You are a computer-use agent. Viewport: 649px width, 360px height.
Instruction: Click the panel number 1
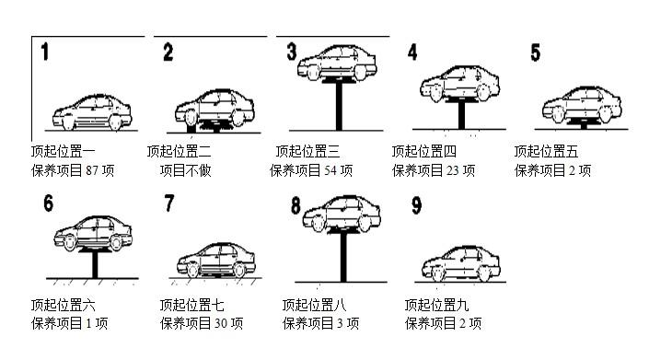pos(45,52)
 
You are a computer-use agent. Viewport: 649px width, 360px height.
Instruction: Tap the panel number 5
pos(535,52)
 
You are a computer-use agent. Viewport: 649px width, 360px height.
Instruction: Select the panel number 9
pos(416,205)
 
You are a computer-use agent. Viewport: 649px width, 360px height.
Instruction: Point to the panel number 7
pos(169,203)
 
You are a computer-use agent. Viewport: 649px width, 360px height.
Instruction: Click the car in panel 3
pos(337,63)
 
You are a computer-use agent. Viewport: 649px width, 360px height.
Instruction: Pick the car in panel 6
pos(93,233)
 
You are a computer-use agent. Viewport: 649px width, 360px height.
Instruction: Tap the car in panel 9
pos(460,263)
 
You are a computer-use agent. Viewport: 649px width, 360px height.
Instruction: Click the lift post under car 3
pos(339,106)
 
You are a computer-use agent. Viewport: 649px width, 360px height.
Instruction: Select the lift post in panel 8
pos(343,258)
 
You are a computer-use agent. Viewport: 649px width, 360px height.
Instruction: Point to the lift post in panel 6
pos(95,265)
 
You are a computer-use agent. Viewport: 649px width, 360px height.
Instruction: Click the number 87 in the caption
pos(92,170)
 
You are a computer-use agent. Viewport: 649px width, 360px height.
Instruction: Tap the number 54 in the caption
pos(330,170)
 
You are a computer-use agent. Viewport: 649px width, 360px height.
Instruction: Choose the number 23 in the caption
pos(452,170)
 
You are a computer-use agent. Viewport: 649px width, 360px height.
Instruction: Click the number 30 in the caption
pos(221,323)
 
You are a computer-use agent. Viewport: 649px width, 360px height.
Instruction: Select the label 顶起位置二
pos(180,151)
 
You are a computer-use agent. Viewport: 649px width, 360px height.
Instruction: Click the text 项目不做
pos(186,170)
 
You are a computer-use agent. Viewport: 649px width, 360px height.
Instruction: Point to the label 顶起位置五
pos(546,151)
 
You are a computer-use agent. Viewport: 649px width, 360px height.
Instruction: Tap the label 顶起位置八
pos(315,306)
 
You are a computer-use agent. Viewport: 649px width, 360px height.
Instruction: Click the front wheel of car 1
pos(69,122)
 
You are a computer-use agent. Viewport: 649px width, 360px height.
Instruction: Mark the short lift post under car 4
pos(461,115)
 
